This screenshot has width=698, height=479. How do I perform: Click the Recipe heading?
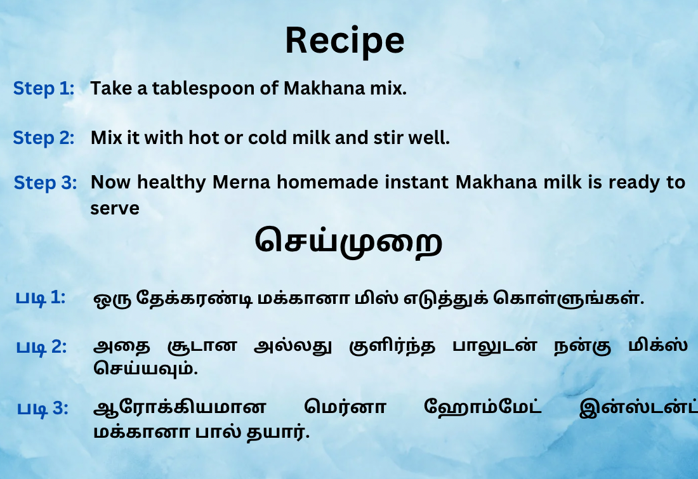[345, 41]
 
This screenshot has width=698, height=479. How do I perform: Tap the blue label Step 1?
[44, 88]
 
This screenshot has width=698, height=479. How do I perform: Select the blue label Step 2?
[44, 138]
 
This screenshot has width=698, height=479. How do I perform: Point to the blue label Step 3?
[46, 183]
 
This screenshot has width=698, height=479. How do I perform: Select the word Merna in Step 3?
[241, 182]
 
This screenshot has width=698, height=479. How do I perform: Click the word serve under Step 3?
[115, 208]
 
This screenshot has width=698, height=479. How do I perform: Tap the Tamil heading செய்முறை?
[348, 241]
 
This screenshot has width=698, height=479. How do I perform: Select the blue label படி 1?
[41, 298]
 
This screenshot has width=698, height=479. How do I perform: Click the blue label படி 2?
[41, 346]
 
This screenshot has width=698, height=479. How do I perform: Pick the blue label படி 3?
[43, 408]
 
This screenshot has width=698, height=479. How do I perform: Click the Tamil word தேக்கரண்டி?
[195, 298]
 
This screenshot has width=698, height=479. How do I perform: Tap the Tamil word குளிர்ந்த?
[392, 346]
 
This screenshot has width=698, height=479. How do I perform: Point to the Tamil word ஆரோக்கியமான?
[180, 407]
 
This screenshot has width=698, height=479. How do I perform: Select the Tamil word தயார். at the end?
[278, 432]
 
